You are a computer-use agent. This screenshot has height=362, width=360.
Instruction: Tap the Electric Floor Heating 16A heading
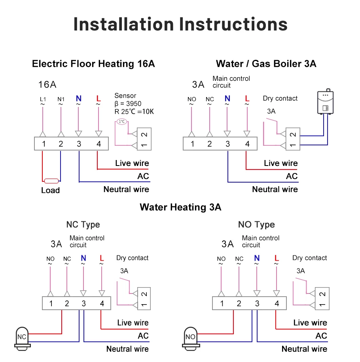tap(93, 64)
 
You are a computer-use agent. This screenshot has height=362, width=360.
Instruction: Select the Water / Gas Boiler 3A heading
tap(266, 64)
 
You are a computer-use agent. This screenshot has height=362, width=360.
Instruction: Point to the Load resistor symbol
tap(51, 181)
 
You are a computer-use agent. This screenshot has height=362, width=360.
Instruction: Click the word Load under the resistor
tap(50, 191)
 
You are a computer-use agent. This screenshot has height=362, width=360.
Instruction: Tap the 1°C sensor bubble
tap(122, 122)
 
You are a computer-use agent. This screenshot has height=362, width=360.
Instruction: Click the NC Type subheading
tap(83, 225)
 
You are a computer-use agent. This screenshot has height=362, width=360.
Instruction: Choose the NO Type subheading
tap(256, 225)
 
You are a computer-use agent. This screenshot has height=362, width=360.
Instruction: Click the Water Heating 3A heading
tap(180, 207)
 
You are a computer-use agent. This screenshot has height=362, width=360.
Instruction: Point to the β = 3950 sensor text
tap(128, 104)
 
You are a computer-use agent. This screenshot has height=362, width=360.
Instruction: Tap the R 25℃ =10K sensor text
tap(134, 112)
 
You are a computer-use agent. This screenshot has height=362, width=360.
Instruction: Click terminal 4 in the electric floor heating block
tap(99, 144)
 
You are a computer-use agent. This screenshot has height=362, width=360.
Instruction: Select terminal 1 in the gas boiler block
tap(192, 144)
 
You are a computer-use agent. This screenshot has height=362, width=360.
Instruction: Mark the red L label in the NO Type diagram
tap(277, 259)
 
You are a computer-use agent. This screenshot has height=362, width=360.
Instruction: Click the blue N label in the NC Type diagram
tap(83, 259)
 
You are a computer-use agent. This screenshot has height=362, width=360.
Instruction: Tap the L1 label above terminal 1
tap(43, 99)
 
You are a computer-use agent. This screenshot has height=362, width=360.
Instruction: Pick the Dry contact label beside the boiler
tap(280, 99)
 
